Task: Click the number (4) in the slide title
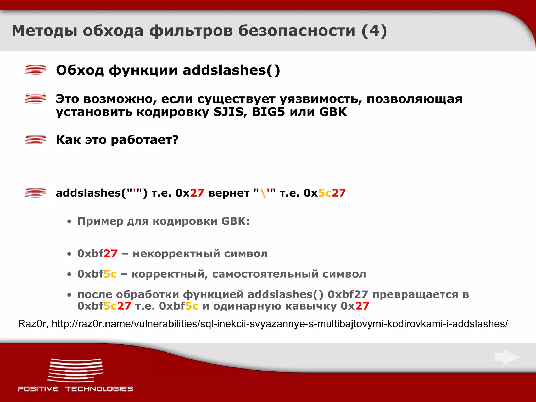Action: coord(374,31)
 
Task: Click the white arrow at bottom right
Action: coord(506,357)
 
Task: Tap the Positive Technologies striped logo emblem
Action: coord(76,370)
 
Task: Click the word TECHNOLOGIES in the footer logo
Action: coord(99,389)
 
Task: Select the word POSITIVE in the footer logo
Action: coord(38,389)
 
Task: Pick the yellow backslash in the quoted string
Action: coord(263,193)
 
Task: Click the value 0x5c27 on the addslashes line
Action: coord(325,193)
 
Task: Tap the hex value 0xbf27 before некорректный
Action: coord(97,254)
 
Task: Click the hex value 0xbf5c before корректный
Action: coord(97,274)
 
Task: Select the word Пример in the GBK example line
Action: coord(100,221)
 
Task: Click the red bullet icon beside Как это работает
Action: coord(35,139)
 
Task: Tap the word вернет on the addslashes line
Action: coord(229,193)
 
